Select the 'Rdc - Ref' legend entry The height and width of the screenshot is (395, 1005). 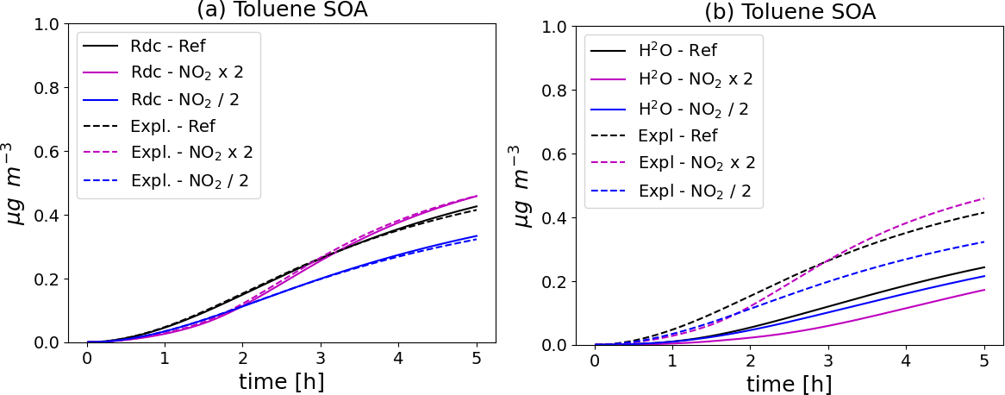coord(167,45)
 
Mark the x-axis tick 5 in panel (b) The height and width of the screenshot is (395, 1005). coord(984,360)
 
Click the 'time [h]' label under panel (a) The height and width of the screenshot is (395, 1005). coord(282,380)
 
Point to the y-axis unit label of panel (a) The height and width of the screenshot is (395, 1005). coord(16,185)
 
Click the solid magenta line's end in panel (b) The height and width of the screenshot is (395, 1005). coord(984,290)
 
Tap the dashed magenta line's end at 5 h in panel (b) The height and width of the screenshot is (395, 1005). coord(984,199)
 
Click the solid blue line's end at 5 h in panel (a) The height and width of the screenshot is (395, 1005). coord(477,236)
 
